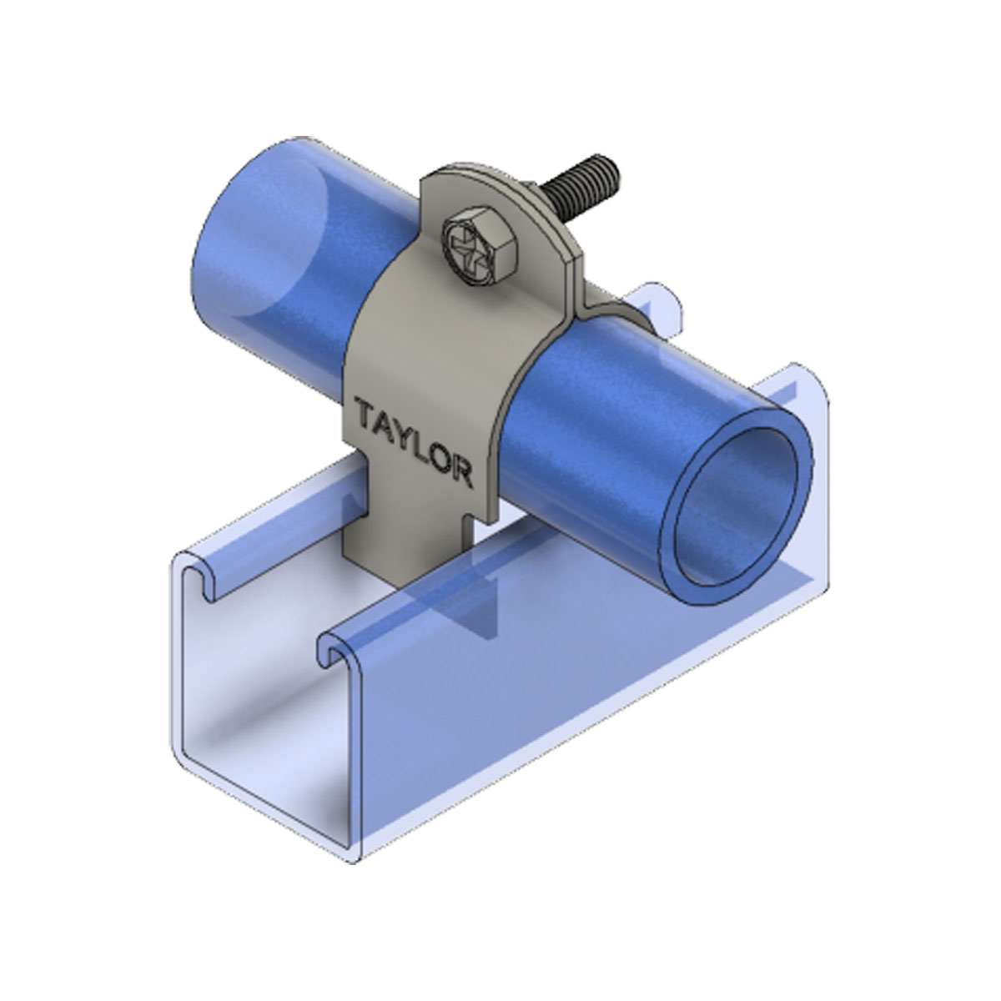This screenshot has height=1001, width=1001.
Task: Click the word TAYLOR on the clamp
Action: [x=413, y=441]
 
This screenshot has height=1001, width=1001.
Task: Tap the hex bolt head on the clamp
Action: [x=480, y=249]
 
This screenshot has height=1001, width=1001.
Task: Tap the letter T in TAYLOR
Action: [x=365, y=410]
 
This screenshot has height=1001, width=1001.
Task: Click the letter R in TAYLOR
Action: [x=461, y=473]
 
